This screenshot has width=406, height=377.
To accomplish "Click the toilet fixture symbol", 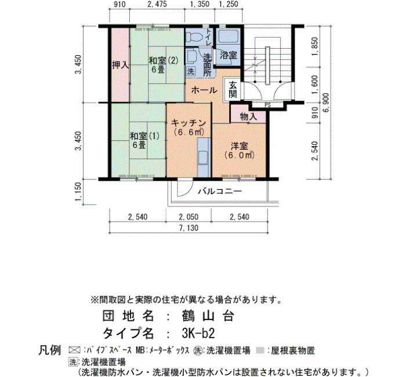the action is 194,37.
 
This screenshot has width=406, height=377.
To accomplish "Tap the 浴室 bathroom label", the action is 229,55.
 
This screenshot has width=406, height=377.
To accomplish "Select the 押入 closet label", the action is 120,65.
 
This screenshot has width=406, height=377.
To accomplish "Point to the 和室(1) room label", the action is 144,136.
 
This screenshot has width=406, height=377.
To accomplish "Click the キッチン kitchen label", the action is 188,123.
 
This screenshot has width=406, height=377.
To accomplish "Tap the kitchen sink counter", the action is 204,157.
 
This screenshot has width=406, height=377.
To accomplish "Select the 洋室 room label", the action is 239,146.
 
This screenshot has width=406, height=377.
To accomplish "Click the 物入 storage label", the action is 248,117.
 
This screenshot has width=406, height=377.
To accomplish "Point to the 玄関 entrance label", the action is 233,89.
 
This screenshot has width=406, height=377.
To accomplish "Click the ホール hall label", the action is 204,90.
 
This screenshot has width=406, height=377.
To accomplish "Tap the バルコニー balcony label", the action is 220,191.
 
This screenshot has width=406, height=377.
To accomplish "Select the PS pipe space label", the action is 267,106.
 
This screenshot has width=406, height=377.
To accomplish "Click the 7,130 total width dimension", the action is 188,228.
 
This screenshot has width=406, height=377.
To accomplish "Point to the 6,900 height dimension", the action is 326,103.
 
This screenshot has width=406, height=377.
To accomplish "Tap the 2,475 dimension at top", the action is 157,5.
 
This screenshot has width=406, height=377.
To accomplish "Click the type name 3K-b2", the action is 198,333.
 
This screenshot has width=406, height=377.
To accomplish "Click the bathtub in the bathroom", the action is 229,37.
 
